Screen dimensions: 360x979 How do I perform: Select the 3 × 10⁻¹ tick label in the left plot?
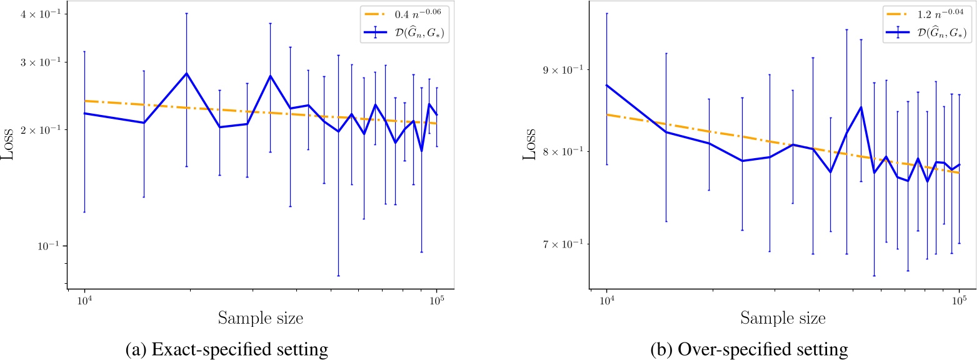45,62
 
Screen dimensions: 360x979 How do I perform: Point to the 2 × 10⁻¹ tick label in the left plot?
45,129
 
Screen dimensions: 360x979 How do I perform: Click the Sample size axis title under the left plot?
261,317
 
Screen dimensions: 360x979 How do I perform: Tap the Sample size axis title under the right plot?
783,317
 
